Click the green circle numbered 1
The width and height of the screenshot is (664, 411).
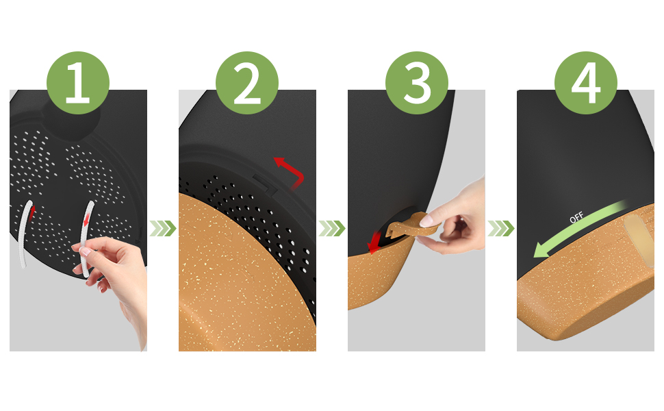pyautogui.click(x=78, y=83)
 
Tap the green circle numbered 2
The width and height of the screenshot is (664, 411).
pyautogui.click(x=247, y=83)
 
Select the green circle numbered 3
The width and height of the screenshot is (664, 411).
pyautogui.click(x=417, y=83)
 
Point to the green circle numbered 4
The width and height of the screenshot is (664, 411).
pyautogui.click(x=586, y=83)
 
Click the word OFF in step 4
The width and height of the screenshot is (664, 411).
pyautogui.click(x=576, y=217)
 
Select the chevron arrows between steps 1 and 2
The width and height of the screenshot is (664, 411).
pyautogui.click(x=163, y=228)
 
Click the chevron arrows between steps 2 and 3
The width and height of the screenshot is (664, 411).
pyautogui.click(x=331, y=228)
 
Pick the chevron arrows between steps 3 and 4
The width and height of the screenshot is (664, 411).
pyautogui.click(x=500, y=228)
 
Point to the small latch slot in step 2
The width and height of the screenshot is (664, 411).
pyautogui.click(x=265, y=183)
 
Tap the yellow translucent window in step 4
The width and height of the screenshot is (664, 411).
pyautogui.click(x=640, y=240)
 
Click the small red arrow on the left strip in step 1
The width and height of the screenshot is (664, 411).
pyautogui.click(x=31, y=212)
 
